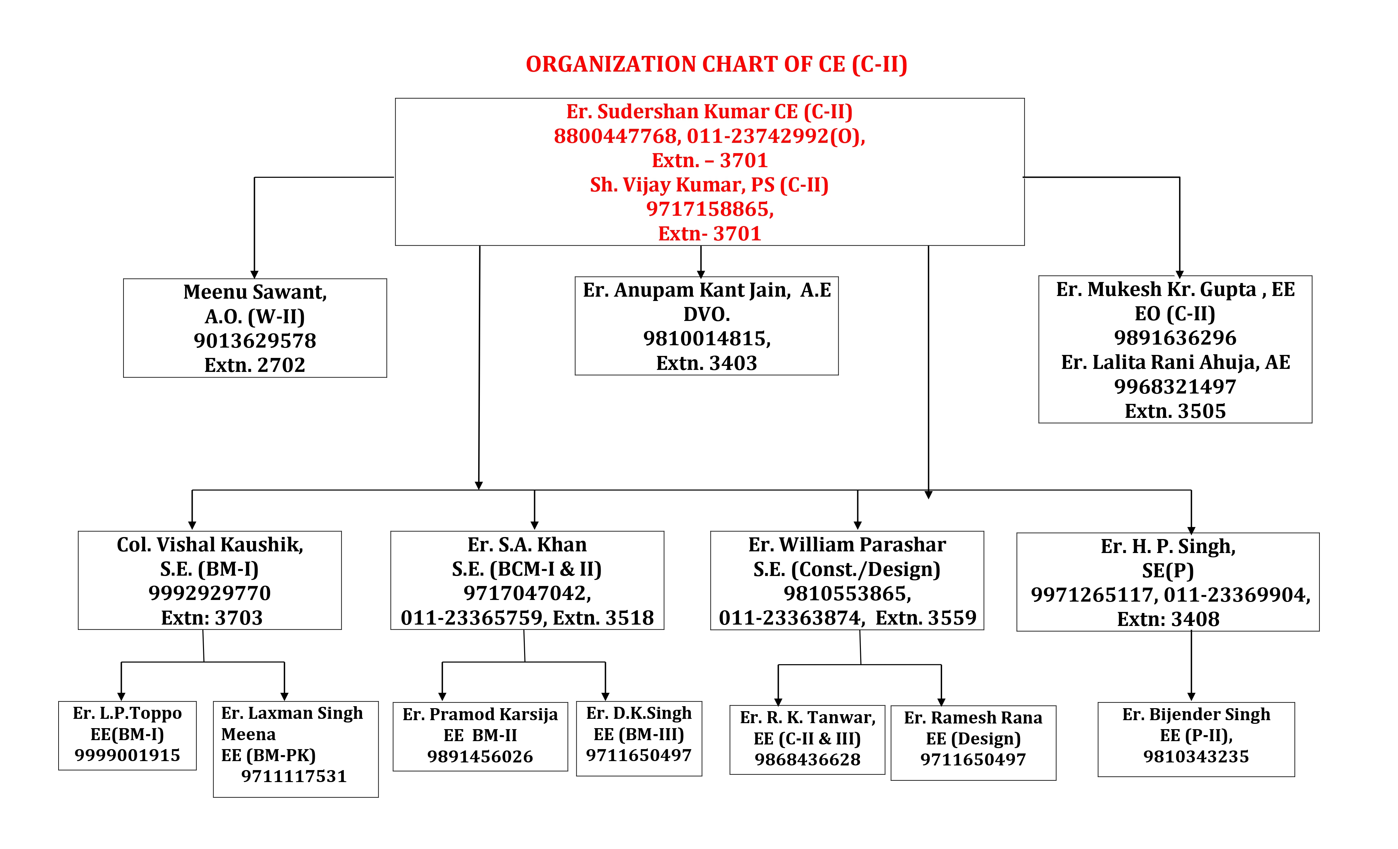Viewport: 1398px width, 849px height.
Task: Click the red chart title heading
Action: [x=716, y=65]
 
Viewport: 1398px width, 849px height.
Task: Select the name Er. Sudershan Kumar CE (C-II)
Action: [x=709, y=112]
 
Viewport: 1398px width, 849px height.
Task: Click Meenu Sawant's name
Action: [x=255, y=292]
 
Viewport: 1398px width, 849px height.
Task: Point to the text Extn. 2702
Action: [x=255, y=365]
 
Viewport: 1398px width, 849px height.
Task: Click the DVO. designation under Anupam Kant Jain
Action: [x=706, y=314]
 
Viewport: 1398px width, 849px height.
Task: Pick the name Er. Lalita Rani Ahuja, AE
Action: [x=1176, y=363]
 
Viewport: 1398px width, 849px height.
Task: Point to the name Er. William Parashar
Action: [x=847, y=545]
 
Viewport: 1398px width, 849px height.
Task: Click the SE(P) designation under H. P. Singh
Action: [x=1168, y=571]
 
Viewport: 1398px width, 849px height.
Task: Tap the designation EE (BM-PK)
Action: [x=268, y=755]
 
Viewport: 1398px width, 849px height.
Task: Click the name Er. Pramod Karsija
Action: [x=480, y=714]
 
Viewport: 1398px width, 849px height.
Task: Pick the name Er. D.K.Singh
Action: [x=639, y=713]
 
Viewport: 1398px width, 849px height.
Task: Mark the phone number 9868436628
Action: [x=807, y=760]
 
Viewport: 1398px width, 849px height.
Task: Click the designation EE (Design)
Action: [x=973, y=739]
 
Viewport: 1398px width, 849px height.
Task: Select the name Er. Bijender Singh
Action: [x=1196, y=714]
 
